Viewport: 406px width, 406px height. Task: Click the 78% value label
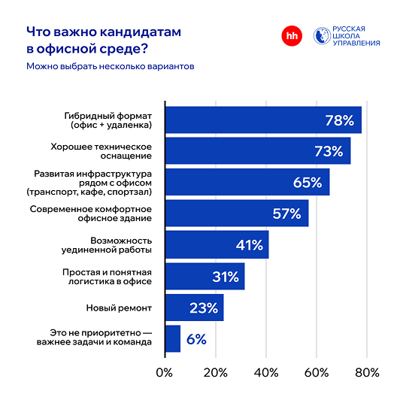[x=339, y=120]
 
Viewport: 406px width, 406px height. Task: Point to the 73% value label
[x=329, y=151]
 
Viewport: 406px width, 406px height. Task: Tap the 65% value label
[x=307, y=183]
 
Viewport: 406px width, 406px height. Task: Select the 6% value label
[x=196, y=339]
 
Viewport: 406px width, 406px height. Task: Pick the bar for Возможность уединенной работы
[x=216, y=245]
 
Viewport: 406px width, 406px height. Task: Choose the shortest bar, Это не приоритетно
[x=172, y=339]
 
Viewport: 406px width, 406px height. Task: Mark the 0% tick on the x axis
[x=164, y=374]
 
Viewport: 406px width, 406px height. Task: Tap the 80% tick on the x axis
[x=367, y=374]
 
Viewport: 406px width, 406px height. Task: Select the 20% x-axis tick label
[x=216, y=374]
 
